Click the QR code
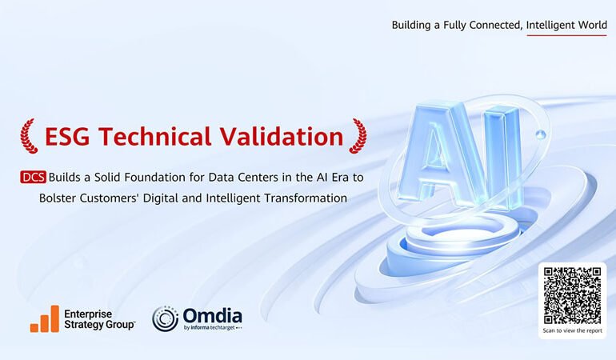[x=571, y=295]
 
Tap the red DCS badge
[x=34, y=177]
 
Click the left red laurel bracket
[x=29, y=136]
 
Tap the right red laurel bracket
[x=358, y=136]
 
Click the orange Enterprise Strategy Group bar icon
[x=45, y=318]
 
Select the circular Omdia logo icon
[x=166, y=318]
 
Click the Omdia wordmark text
[x=212, y=314]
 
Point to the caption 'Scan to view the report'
[x=571, y=330]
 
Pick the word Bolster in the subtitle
[x=59, y=198]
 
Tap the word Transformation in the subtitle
[x=300, y=198]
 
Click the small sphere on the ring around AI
[x=542, y=134]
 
